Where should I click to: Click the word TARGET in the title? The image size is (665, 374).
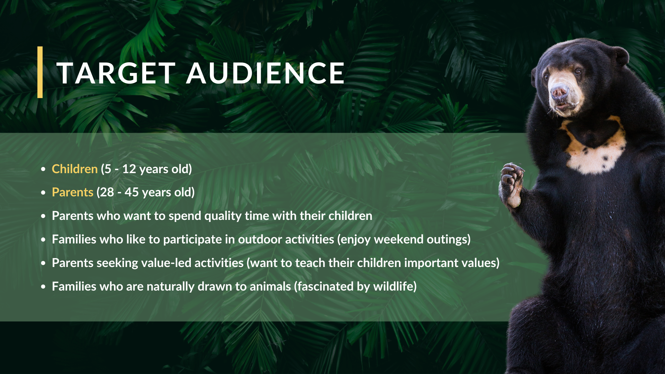pyautogui.click(x=116, y=73)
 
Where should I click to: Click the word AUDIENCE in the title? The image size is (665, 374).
pyautogui.click(x=265, y=73)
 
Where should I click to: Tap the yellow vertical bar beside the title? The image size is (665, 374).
pyautogui.click(x=40, y=72)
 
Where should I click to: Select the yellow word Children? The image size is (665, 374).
pyautogui.click(x=75, y=169)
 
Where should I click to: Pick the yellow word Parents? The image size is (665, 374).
pyautogui.click(x=73, y=192)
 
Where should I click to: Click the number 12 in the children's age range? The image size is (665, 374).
pyautogui.click(x=129, y=169)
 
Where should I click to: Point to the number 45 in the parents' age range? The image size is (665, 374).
pyautogui.click(x=132, y=192)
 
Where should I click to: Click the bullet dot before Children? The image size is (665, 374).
pyautogui.click(x=43, y=169)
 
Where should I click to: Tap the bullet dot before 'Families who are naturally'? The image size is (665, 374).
pyautogui.click(x=43, y=287)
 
